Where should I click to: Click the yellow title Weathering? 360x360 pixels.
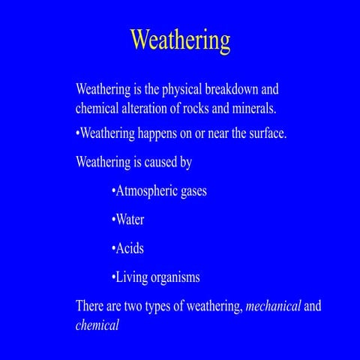click(x=180, y=39)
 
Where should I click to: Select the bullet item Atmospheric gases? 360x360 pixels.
click(x=158, y=190)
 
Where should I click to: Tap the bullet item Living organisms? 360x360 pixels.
click(x=155, y=277)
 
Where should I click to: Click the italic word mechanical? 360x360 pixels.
click(x=274, y=306)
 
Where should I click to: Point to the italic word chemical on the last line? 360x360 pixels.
click(x=97, y=325)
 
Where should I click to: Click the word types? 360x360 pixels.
click(x=166, y=307)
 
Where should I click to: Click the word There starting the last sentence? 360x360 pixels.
click(x=91, y=307)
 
